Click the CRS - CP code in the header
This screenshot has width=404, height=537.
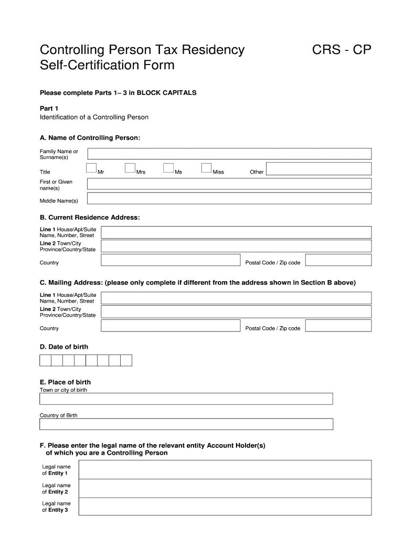pos(342,50)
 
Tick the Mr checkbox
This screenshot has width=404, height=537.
pos(91,168)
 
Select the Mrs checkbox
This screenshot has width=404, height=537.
pos(130,168)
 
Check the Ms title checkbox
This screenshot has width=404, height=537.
pos(168,168)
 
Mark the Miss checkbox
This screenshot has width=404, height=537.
pos(207,168)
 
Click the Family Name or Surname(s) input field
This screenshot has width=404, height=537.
pos(229,154)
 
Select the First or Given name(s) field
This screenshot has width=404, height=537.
pos(229,184)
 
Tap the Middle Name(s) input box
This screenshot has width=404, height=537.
pos(229,198)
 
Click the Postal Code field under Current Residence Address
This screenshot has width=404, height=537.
pos(338,261)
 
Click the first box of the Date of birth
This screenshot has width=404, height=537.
pos(46,360)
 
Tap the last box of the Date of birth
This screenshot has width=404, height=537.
pos(126,360)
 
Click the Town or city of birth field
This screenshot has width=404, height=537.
pos(186,399)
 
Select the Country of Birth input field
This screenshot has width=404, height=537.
pos(186,424)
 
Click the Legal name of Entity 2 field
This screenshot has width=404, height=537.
pos(225,488)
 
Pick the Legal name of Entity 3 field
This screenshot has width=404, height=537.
pos(225,507)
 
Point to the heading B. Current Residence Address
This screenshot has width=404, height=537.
pos(90,217)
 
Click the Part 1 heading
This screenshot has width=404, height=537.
pos(49,108)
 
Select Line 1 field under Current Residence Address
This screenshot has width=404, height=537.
pos(236,232)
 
